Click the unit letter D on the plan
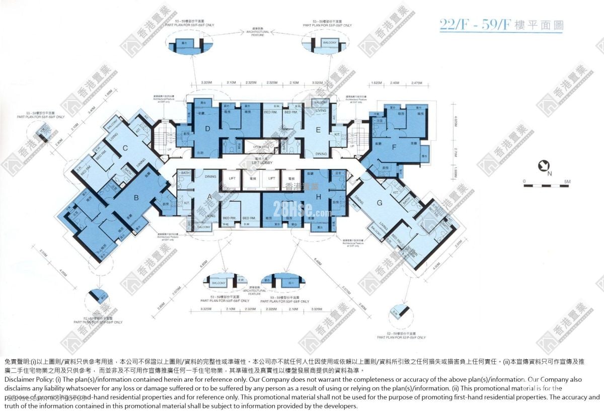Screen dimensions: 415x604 point(207,129)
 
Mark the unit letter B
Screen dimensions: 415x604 point(136,198)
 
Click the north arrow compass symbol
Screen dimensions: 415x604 point(544,166)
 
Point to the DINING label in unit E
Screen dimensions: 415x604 point(321,154)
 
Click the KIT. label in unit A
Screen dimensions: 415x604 point(186,203)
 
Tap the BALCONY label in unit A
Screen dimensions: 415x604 point(204,227)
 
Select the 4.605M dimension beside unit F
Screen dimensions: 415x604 point(456,122)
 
